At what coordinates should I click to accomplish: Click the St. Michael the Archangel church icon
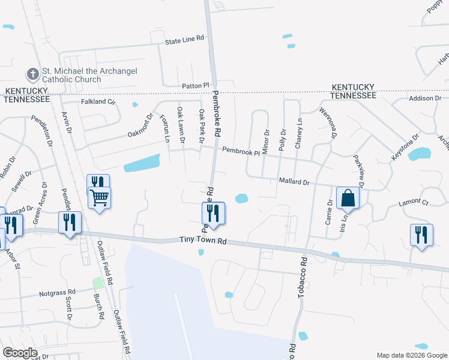tap(32, 75)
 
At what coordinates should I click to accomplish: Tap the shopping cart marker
tap(100, 197)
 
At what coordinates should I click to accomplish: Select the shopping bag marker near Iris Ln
tap(348, 198)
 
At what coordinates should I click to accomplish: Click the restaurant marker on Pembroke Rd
tap(212, 213)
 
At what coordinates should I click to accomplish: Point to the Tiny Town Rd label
tap(203, 240)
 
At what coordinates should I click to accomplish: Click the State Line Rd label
tap(185, 38)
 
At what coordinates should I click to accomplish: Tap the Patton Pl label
tap(196, 86)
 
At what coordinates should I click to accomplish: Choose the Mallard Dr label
tap(294, 181)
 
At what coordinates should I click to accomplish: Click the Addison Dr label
tap(425, 98)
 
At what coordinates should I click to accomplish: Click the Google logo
tap(20, 352)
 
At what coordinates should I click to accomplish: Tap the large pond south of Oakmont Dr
tap(142, 163)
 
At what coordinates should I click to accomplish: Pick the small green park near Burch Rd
tap(97, 283)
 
